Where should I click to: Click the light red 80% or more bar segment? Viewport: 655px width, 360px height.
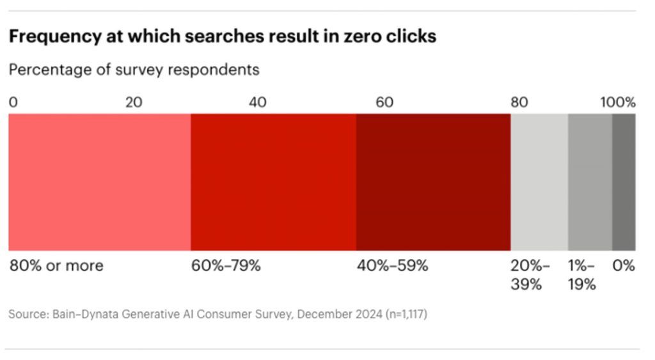99,182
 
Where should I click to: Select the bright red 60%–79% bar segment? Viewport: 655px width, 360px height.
273,182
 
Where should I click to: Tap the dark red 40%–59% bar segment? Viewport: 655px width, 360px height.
433,182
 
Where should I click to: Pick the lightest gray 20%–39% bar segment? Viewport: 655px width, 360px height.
539,182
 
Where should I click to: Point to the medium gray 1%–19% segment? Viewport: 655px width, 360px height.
590,182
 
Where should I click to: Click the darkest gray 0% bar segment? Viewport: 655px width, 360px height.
624,182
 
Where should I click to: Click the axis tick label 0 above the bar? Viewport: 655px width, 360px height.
13,102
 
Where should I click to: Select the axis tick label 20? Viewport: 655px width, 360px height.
133,102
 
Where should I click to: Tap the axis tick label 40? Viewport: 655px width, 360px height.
258,102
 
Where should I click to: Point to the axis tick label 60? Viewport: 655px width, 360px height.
384,102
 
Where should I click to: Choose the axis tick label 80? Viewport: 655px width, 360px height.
519,102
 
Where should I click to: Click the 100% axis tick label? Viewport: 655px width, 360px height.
618,102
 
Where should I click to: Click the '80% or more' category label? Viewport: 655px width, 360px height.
56,265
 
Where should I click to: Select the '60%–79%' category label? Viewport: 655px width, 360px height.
226,265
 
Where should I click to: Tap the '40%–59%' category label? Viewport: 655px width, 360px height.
391,265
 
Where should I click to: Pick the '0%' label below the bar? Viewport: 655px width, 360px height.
623,265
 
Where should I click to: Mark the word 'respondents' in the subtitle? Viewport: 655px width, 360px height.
213,70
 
